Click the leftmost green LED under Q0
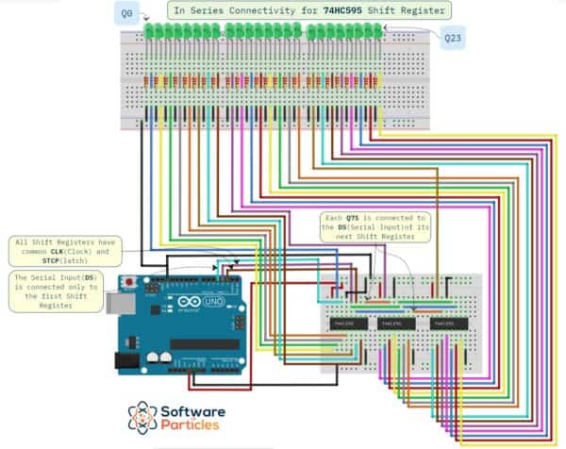tap(149, 32)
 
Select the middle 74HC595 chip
tap(391, 323)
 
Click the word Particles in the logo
tap(196, 429)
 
